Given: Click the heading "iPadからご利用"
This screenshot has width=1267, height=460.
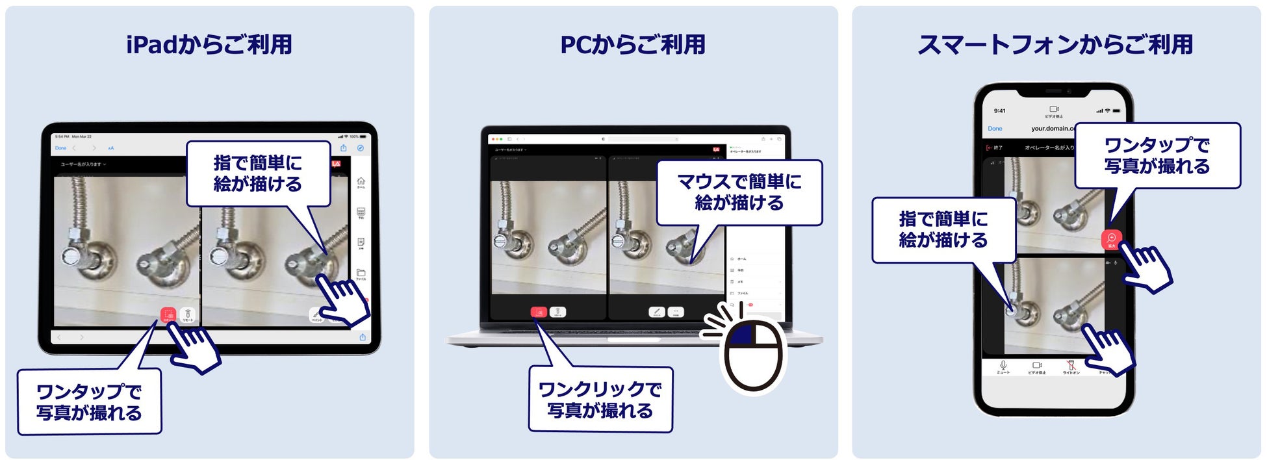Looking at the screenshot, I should point(209,44).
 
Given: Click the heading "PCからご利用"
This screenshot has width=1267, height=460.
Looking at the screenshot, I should point(632,44).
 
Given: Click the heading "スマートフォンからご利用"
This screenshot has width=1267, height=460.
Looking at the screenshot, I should point(1055,44).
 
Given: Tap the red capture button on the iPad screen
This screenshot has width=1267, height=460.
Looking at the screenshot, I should point(168,315).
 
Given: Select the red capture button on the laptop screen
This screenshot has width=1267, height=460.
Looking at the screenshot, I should point(538,313).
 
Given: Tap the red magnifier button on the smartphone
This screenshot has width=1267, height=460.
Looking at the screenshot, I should point(1111,239).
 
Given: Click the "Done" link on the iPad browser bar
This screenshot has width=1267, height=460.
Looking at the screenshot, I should point(60,148).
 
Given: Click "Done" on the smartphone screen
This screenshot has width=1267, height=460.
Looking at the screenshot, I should point(995,129).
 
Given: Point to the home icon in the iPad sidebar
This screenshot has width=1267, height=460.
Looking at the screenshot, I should point(361,181).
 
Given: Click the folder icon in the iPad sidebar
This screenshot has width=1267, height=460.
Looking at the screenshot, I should point(361,273).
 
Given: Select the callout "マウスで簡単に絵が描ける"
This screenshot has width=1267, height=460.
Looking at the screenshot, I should point(739,192).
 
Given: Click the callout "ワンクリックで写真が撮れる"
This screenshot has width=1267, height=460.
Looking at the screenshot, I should point(600,400).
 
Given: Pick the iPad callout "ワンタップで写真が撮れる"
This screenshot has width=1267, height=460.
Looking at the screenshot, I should point(89,402).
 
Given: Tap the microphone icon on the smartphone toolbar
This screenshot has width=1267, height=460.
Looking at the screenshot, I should point(1003,365).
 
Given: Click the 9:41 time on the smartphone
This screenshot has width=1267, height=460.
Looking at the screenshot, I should point(999,110).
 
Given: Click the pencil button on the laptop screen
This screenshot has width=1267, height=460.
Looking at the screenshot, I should point(657,312).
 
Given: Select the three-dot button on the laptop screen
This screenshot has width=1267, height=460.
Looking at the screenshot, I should point(676,312).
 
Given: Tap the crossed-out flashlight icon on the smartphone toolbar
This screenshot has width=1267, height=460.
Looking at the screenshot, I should point(1071,365).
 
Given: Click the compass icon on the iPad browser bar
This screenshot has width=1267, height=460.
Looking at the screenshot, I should point(361,148).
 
